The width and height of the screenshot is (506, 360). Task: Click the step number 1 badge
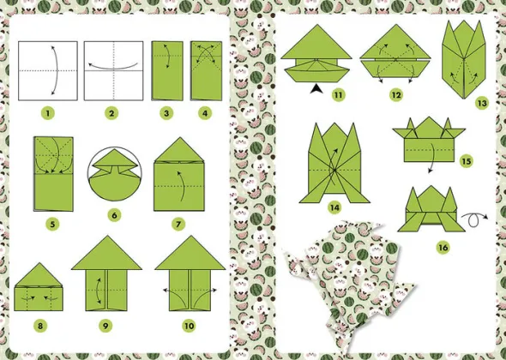(48, 113)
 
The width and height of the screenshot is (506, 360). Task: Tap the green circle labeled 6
(114, 215)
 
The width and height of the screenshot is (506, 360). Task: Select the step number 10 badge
(189, 326)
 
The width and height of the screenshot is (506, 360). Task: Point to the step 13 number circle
(482, 104)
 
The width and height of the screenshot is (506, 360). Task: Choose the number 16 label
(443, 248)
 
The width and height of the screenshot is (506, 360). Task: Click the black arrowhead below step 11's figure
(316, 88)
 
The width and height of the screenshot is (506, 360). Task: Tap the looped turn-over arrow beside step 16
(474, 219)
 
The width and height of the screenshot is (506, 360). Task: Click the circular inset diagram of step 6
(114, 170)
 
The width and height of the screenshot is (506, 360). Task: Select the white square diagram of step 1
(48, 70)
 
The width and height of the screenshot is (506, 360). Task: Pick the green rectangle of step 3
(167, 70)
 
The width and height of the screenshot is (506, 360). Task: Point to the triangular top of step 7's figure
(179, 149)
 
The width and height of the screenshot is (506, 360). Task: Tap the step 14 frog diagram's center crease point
(334, 170)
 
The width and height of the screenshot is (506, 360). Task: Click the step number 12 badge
(396, 95)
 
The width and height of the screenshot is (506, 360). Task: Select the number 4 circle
(205, 113)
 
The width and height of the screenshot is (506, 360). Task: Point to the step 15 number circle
(467, 161)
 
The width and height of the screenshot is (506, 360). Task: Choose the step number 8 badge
(40, 326)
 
